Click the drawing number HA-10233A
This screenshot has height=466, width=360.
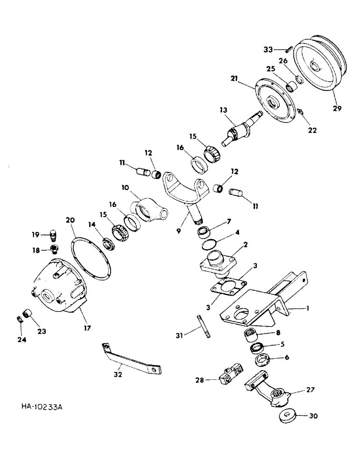42,407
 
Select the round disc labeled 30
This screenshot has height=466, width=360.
285,416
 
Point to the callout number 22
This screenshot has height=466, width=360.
312,130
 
